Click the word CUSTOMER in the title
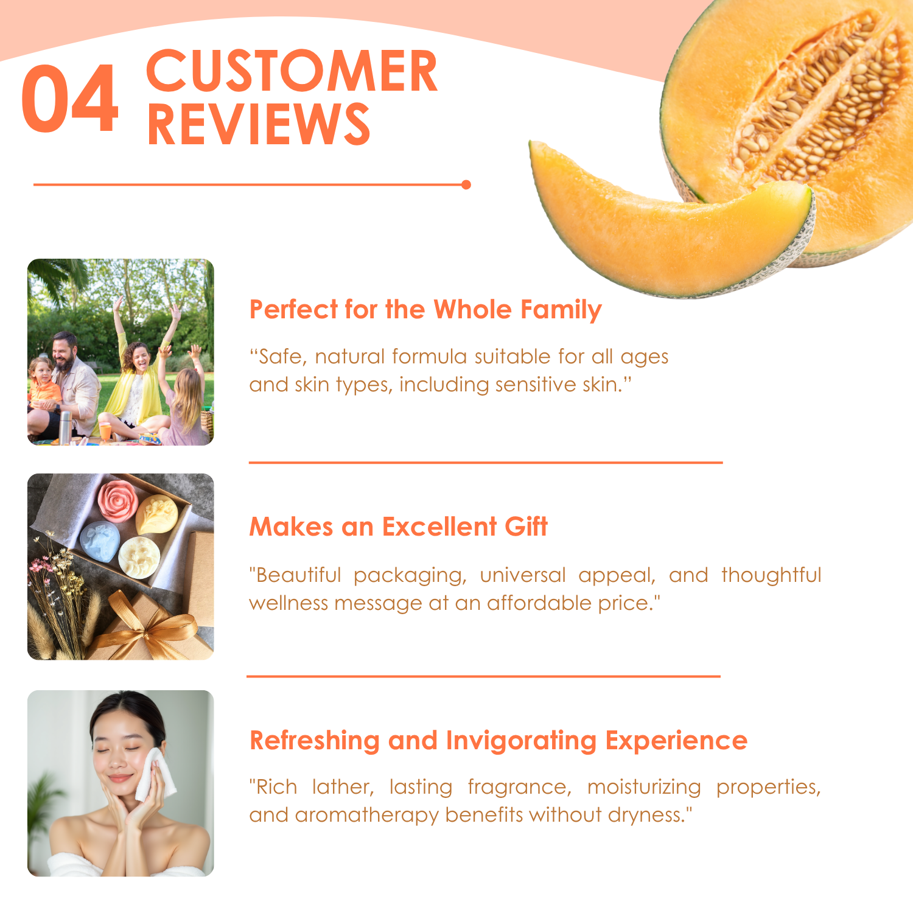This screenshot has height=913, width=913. tap(292, 71)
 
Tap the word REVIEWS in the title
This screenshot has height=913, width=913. tap(259, 124)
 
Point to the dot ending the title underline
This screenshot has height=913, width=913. tap(466, 184)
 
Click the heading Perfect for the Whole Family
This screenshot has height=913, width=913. tap(425, 310)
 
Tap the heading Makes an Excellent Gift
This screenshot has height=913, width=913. tap(398, 526)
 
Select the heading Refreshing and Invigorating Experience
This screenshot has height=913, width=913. tap(498, 741)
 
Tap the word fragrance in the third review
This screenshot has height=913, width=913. tap(519, 788)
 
